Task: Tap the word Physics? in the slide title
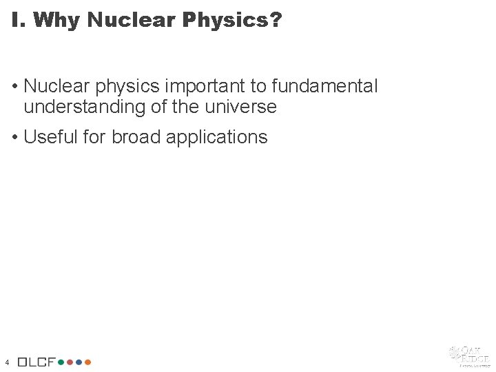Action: click(232, 20)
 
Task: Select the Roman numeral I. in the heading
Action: click(18, 20)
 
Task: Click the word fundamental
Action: click(325, 86)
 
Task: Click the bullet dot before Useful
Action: click(15, 137)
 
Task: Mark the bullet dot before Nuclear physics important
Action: click(15, 87)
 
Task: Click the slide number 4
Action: click(6, 362)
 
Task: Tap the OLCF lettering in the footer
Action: click(37, 362)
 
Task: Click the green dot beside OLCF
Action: click(61, 362)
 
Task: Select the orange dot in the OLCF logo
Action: click(87, 362)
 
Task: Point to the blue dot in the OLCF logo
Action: click(79, 362)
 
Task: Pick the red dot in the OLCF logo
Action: click(70, 362)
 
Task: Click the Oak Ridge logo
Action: click(469, 355)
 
